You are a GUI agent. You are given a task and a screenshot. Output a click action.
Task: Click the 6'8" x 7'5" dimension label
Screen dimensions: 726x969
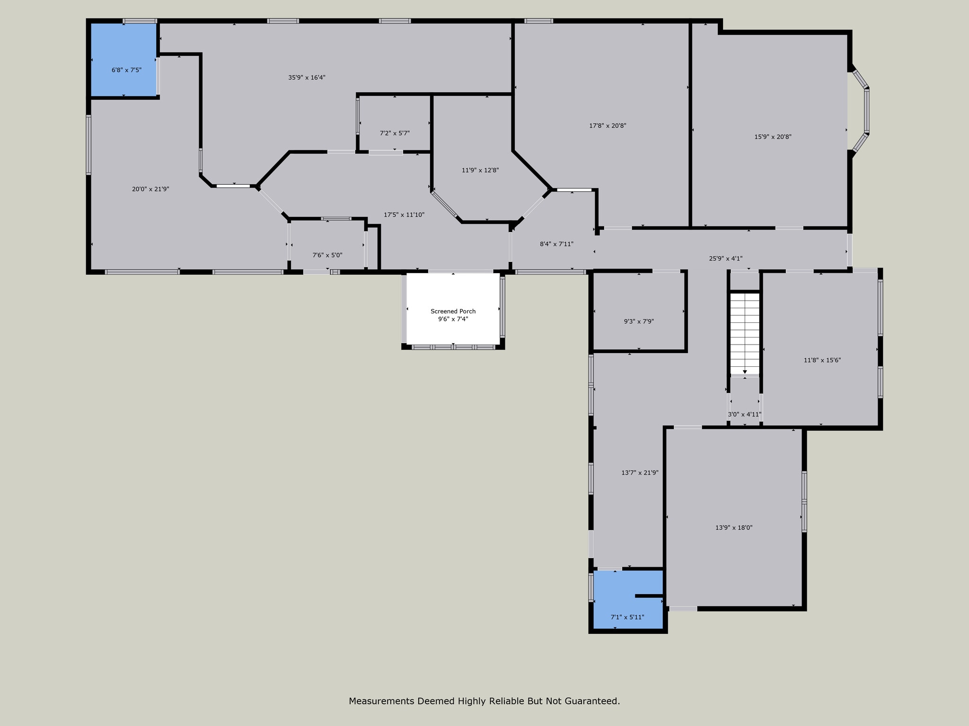click(x=126, y=70)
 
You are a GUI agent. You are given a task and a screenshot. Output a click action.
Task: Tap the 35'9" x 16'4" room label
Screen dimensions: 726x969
click(x=307, y=78)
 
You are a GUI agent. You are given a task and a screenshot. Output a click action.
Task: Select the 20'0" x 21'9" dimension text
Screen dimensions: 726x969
click(x=150, y=189)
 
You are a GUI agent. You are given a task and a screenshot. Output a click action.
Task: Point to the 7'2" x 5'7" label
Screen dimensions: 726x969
click(x=395, y=133)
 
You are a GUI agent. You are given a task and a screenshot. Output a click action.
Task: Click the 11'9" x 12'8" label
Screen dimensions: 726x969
click(x=480, y=170)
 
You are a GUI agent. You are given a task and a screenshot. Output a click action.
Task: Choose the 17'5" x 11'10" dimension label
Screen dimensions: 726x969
click(x=404, y=215)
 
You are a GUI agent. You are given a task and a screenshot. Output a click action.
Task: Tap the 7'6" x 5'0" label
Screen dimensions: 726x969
click(x=327, y=255)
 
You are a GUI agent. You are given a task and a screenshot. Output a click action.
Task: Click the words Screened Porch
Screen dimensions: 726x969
click(x=453, y=311)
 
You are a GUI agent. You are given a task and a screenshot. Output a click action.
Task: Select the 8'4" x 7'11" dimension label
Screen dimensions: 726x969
click(x=556, y=244)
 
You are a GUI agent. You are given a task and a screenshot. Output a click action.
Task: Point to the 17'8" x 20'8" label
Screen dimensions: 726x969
click(x=608, y=126)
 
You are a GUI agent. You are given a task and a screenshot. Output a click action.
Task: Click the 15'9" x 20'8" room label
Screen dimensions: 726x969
click(x=773, y=137)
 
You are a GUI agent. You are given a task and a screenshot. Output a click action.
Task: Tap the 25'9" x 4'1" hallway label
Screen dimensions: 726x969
click(x=725, y=259)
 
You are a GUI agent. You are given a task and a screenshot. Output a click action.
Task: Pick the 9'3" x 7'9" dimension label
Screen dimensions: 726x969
click(x=639, y=321)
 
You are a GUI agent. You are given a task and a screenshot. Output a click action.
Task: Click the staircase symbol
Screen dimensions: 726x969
click(x=745, y=333)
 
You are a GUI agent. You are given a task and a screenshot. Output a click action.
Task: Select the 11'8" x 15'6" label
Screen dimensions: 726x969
click(x=822, y=360)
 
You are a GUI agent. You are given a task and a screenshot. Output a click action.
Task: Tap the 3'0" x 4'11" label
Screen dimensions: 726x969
click(x=744, y=415)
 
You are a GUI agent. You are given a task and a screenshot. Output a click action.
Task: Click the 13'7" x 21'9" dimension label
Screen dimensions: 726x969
click(x=640, y=472)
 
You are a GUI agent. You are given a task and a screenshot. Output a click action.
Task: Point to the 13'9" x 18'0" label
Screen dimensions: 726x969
click(x=734, y=527)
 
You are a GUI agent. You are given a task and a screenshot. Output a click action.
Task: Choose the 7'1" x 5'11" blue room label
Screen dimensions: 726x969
click(x=627, y=617)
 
